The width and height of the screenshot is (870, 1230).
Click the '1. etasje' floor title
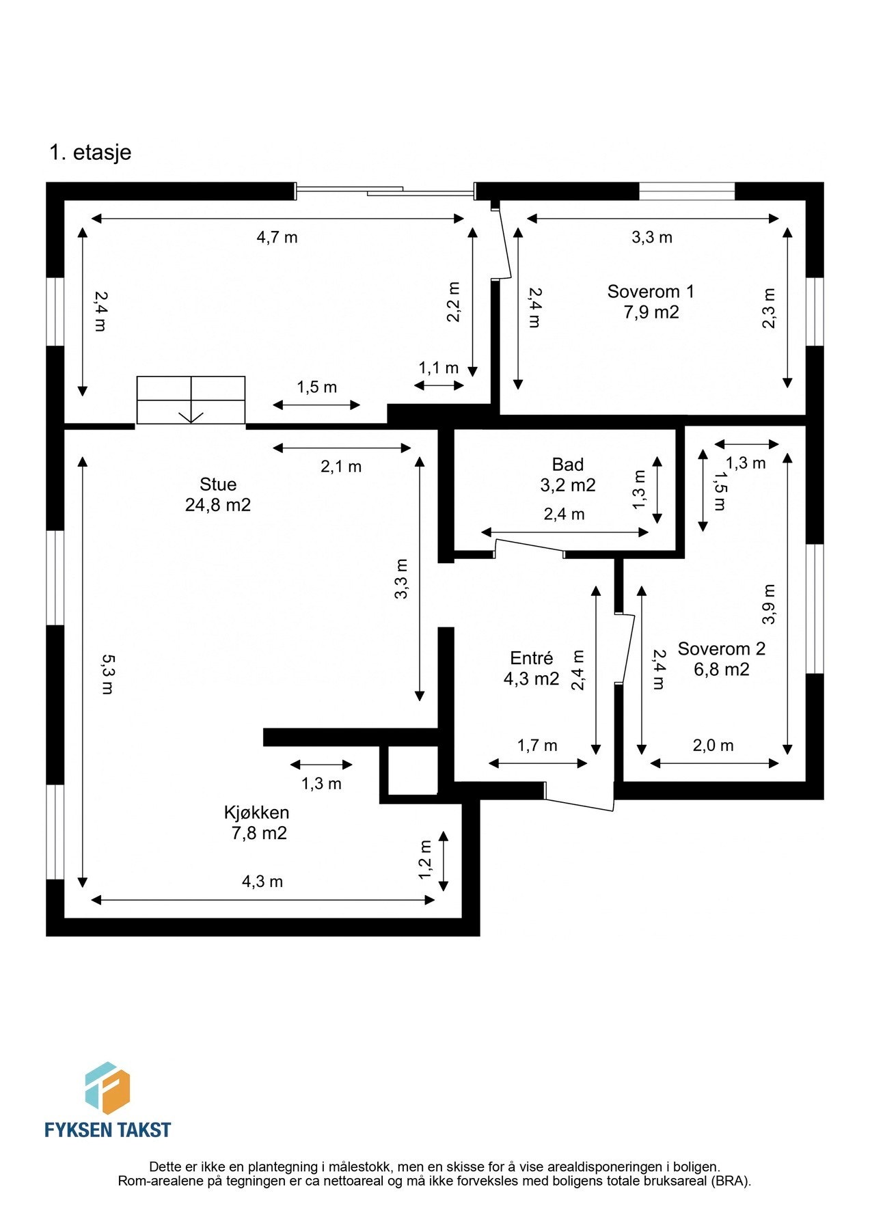pos(90,152)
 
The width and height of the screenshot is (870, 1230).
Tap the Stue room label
pos(218,484)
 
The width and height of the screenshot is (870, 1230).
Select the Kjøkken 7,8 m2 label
pos(257,823)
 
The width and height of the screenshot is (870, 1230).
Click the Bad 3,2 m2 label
pos(567,475)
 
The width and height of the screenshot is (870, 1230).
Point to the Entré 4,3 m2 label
pos(531,668)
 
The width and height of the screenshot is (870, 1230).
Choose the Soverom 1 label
pos(651,292)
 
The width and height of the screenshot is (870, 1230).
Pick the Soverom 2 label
pos(722,649)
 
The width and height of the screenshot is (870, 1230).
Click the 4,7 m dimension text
pos(277,238)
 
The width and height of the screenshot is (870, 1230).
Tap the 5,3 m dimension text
pos(107,674)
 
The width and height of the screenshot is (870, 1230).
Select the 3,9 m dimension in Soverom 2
pos(769,604)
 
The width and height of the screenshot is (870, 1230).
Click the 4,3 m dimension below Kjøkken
pos(262,881)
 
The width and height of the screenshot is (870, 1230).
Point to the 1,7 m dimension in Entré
pos(537,746)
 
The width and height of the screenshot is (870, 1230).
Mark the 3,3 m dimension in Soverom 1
pos(651,238)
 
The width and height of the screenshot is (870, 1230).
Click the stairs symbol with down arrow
pos(191,400)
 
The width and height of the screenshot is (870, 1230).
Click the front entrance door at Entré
pos(579,797)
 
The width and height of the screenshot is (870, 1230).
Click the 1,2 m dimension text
pos(426,860)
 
